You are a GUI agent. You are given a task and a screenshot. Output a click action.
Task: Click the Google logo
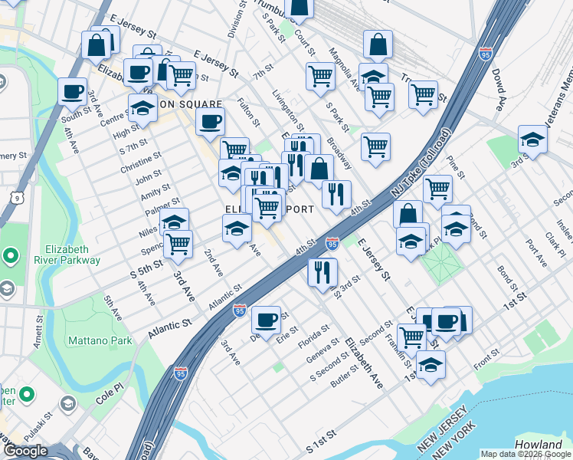pos(25,451)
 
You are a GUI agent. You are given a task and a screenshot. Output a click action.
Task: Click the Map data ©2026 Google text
pos(526,454)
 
